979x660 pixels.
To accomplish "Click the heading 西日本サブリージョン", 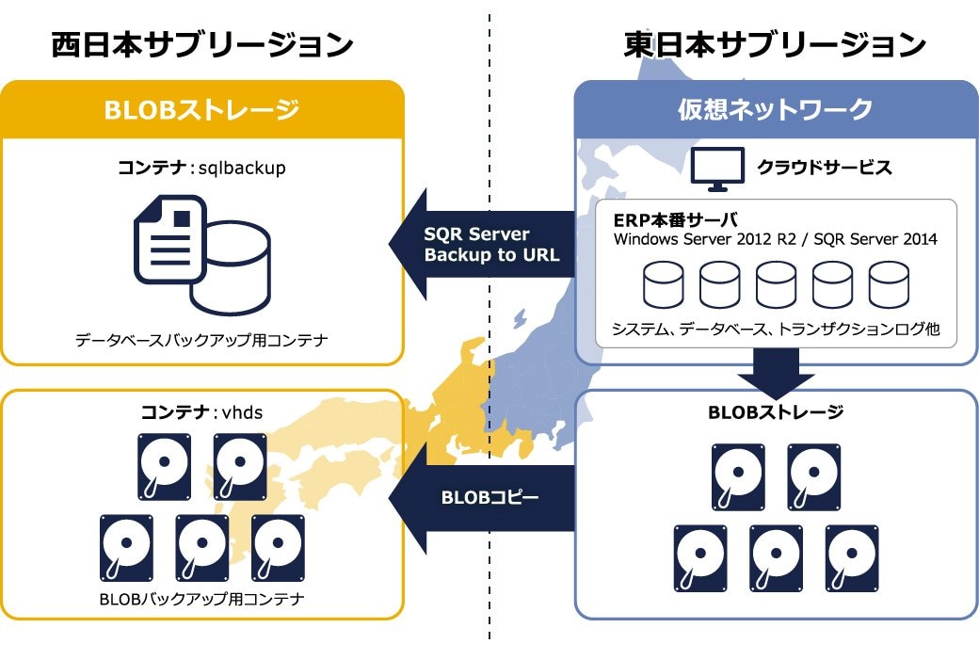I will click(202, 44).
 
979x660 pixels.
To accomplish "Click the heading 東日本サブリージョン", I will click(775, 44).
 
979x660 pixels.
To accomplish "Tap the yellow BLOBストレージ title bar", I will click(202, 110).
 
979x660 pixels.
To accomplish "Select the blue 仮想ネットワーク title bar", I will click(776, 110).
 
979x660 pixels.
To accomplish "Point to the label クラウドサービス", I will click(824, 169).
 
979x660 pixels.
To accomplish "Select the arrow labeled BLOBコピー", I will click(485, 497).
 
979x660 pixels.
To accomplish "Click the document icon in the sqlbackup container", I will click(170, 239).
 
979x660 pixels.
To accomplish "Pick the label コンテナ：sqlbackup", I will click(201, 169).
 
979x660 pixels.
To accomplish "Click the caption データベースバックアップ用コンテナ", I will click(201, 340).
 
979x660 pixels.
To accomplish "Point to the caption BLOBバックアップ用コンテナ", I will click(201, 599).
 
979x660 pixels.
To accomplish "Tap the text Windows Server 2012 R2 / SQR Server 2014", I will click(775, 239).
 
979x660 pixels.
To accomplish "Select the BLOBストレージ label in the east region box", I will click(775, 411).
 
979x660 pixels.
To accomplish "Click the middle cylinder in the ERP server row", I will click(776, 284).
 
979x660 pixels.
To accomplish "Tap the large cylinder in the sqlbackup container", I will click(230, 267).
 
